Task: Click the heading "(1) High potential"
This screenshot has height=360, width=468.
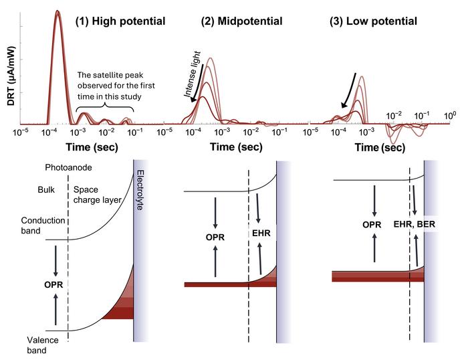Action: tap(120, 21)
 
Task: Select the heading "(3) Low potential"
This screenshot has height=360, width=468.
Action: tap(373, 21)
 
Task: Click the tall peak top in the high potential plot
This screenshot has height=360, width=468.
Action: tap(57, 12)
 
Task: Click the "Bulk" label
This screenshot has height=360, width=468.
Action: tap(45, 189)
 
